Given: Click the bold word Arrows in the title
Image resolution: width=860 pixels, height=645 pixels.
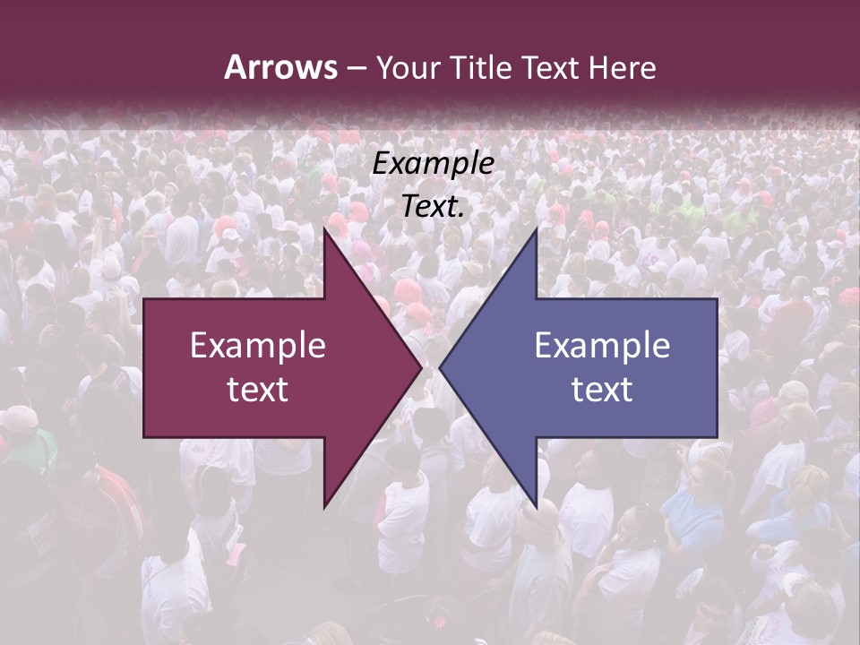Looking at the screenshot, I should [x=280, y=67].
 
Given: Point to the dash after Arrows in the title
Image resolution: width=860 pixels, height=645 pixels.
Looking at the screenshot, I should [x=356, y=68].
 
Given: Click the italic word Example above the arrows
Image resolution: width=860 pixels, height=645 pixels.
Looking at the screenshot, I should [x=433, y=163].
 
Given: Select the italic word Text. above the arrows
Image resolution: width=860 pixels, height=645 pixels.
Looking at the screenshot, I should [x=433, y=206].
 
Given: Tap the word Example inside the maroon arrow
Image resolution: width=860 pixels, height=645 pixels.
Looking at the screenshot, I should [x=257, y=346].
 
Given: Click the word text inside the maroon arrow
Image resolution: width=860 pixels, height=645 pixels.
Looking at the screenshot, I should [x=257, y=389].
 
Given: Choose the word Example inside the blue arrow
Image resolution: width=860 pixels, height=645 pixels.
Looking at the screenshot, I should [x=602, y=346].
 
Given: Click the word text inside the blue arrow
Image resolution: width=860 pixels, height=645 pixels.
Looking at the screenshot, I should [x=602, y=389].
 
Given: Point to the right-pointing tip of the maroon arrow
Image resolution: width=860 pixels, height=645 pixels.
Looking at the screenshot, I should [x=421, y=367].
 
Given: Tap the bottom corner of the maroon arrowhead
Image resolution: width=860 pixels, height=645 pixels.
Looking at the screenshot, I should [x=324, y=506].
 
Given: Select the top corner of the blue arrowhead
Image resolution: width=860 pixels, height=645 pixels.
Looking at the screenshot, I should [x=536, y=229].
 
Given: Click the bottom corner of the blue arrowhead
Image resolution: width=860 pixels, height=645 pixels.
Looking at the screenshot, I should [x=536, y=506].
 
